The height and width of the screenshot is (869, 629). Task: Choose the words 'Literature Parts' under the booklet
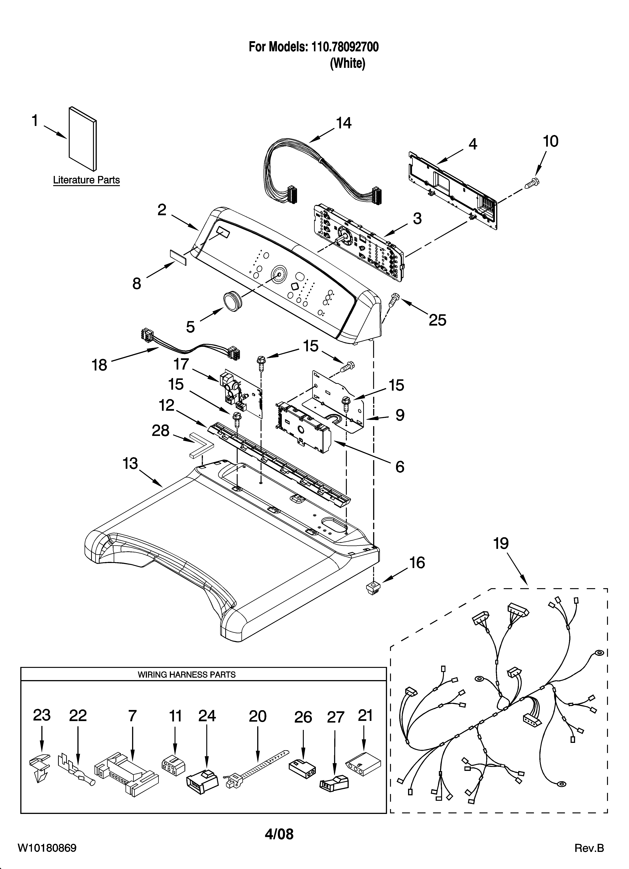(86, 180)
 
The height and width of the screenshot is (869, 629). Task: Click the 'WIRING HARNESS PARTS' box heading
(187, 674)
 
